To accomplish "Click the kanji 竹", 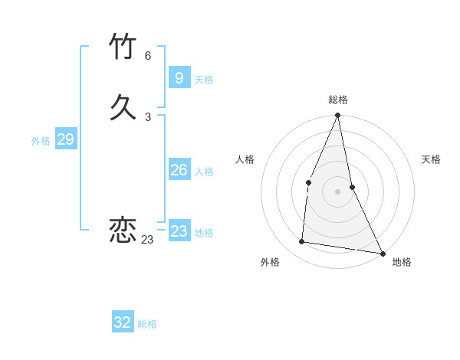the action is click(123, 47).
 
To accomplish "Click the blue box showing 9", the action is click(179, 77).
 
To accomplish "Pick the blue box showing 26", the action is click(179, 170).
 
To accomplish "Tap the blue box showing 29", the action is click(65, 139).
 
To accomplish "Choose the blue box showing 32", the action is click(123, 322).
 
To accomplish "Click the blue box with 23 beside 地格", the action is click(179, 231).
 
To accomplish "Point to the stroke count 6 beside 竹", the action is click(148, 56).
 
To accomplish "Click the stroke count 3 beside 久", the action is click(148, 117).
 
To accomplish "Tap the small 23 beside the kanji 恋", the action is click(147, 240).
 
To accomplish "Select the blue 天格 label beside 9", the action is click(204, 80).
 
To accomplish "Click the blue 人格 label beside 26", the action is click(204, 172).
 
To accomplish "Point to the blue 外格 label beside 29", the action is click(41, 141).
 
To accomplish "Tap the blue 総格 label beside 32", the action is click(147, 324).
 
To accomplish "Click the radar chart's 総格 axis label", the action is click(338, 100).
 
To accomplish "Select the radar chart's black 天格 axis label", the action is click(432, 159).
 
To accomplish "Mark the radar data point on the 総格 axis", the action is click(337, 116).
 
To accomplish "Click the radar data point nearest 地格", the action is click(382, 253).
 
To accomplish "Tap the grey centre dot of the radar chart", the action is click(337, 191).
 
